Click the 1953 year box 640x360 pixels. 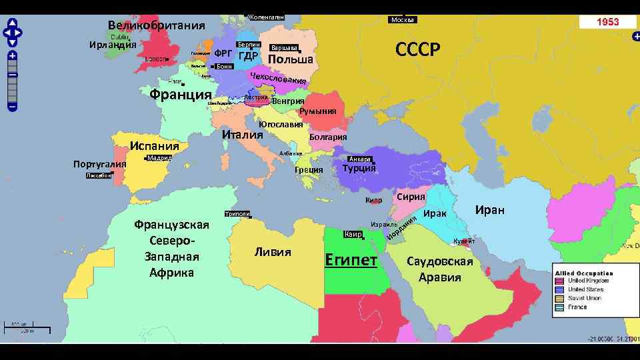(x=607, y=22)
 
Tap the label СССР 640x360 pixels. (x=418, y=49)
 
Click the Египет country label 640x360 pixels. (x=351, y=259)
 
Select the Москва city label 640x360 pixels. (x=403, y=20)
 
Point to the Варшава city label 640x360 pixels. (x=284, y=48)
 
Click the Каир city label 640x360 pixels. (x=353, y=235)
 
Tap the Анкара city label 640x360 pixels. (x=360, y=159)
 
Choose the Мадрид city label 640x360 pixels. (x=159, y=158)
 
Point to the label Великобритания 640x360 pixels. (x=156, y=26)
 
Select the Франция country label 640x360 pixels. (x=181, y=93)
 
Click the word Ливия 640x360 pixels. (x=273, y=252)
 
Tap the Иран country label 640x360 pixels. (x=489, y=210)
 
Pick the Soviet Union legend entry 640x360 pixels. (x=584, y=298)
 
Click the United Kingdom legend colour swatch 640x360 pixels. (x=560, y=281)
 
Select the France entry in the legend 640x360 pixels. (x=577, y=307)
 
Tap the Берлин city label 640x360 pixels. (x=248, y=44)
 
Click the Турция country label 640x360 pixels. (x=359, y=169)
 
